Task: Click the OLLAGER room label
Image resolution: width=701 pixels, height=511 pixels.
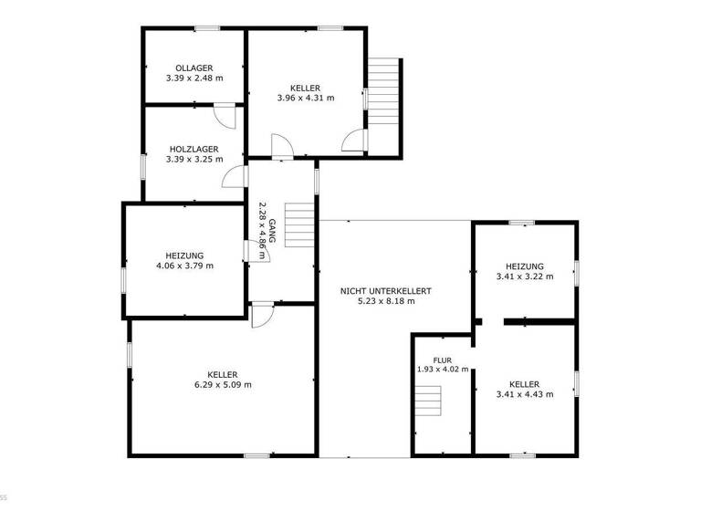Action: pos(194,68)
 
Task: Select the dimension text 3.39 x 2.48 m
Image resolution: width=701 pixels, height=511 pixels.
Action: pos(194,78)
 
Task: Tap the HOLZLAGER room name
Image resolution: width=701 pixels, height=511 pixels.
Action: pos(194,149)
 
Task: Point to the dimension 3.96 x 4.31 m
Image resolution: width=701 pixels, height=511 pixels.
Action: pos(305,98)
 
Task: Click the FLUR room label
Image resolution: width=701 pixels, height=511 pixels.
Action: pos(442,360)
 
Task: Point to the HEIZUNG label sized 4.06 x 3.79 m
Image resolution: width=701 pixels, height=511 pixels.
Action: pos(185,255)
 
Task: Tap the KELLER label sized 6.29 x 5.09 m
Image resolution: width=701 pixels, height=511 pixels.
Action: pos(223,374)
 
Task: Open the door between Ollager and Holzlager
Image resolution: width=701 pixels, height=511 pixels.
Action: pos(225,116)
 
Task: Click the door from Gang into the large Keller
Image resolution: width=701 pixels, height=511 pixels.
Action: pos(262,314)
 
